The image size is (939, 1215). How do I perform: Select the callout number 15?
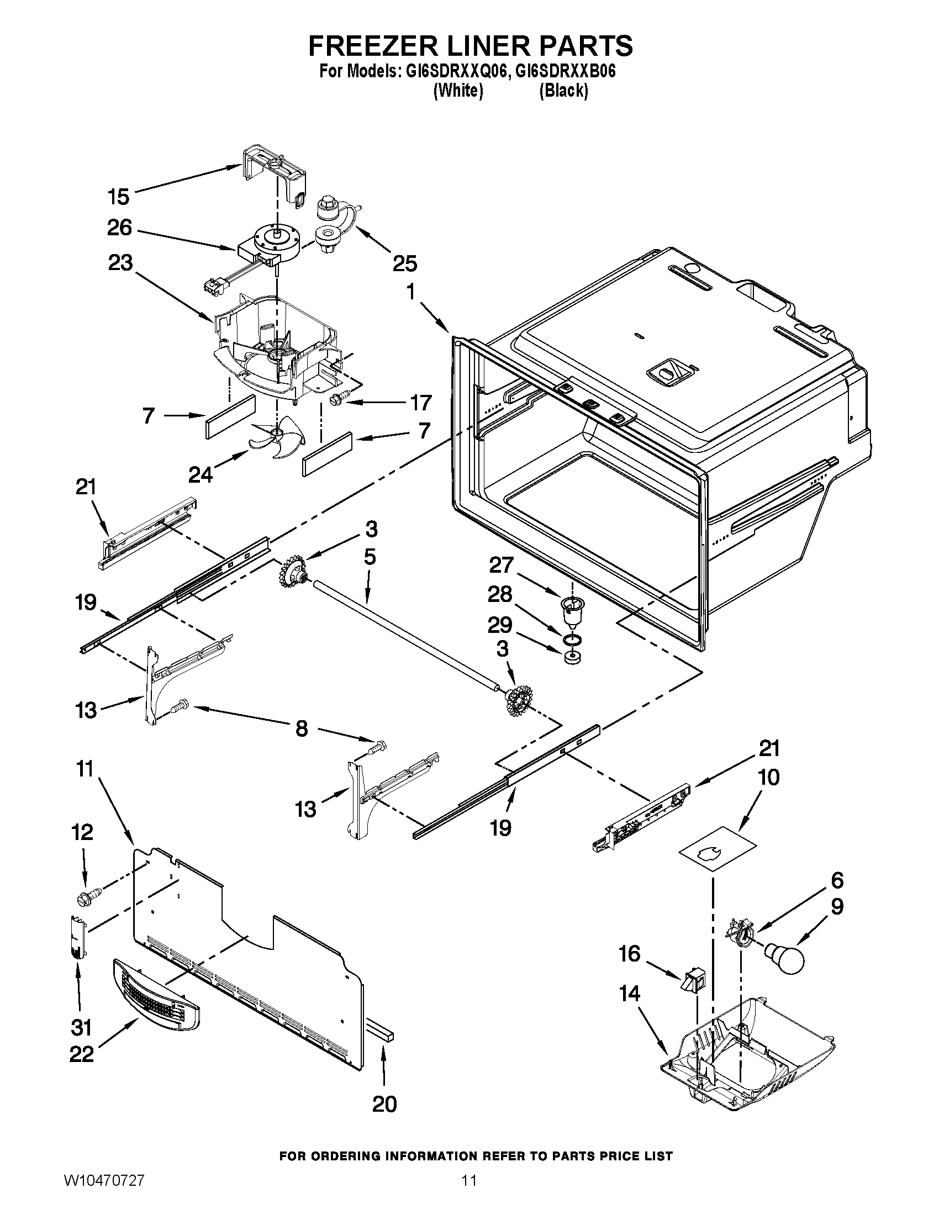119,197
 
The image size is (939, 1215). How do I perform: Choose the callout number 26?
119,228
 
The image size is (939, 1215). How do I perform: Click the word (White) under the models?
457,91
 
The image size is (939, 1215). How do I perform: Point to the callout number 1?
410,292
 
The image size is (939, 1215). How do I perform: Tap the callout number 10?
769,778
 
